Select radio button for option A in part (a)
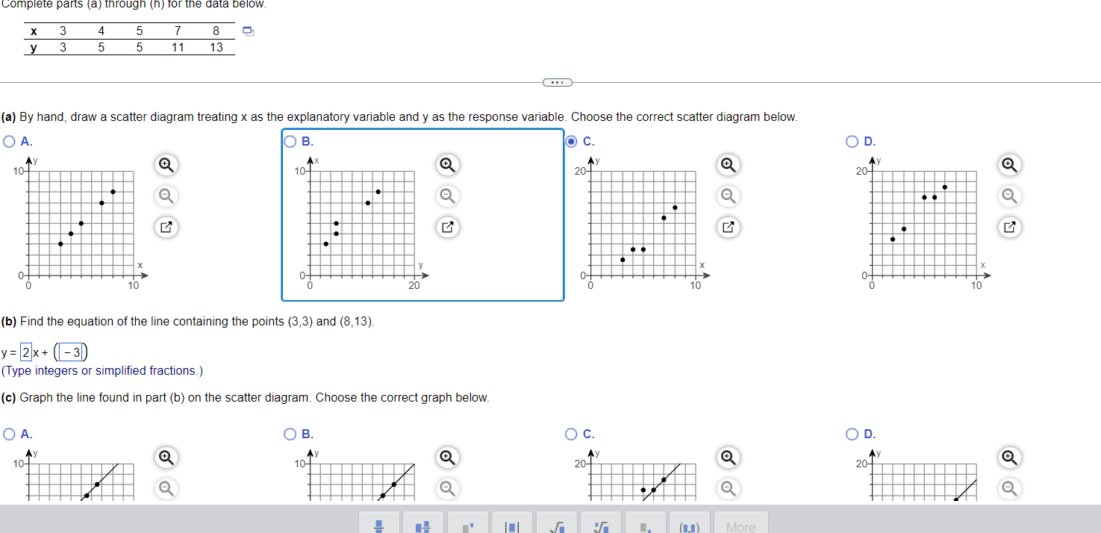pyautogui.click(x=9, y=141)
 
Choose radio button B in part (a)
pyautogui.click(x=290, y=141)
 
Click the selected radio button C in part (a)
pyautogui.click(x=572, y=141)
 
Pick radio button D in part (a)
pyautogui.click(x=852, y=141)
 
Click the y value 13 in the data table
pyautogui.click(x=216, y=47)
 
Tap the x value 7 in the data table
pyautogui.click(x=177, y=31)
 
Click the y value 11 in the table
pyautogui.click(x=177, y=47)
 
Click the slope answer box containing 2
pyautogui.click(x=26, y=352)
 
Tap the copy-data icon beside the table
pyautogui.click(x=249, y=31)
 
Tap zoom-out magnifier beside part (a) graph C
pyautogui.click(x=728, y=196)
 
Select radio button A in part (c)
pyautogui.click(x=9, y=434)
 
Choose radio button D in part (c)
pyautogui.click(x=852, y=434)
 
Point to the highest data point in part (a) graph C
pyautogui.click(x=675, y=208)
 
